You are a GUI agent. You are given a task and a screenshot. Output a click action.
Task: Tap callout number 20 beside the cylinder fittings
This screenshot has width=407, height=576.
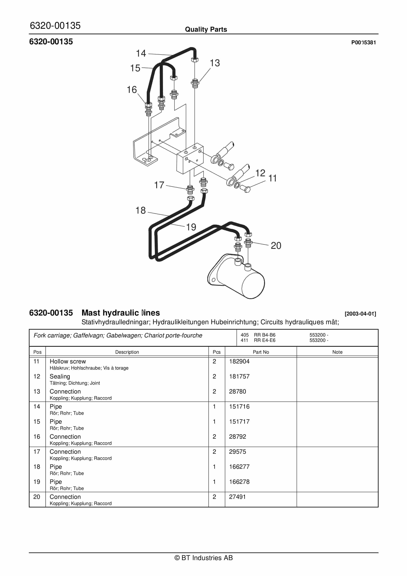coord(276,245)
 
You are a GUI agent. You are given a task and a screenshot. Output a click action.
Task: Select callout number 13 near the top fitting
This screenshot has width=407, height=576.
coord(215,63)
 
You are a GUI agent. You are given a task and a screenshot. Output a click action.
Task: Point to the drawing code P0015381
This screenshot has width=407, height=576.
coord(363,42)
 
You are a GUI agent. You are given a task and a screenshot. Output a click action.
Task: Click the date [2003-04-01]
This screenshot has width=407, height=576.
coord(360,314)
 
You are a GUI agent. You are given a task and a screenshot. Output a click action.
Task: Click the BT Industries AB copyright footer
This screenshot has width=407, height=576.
coord(203,558)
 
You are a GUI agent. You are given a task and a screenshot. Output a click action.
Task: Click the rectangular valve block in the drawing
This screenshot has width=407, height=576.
coord(188,161)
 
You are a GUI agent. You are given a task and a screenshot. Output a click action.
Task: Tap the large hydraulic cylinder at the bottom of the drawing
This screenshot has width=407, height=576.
coord(241,278)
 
